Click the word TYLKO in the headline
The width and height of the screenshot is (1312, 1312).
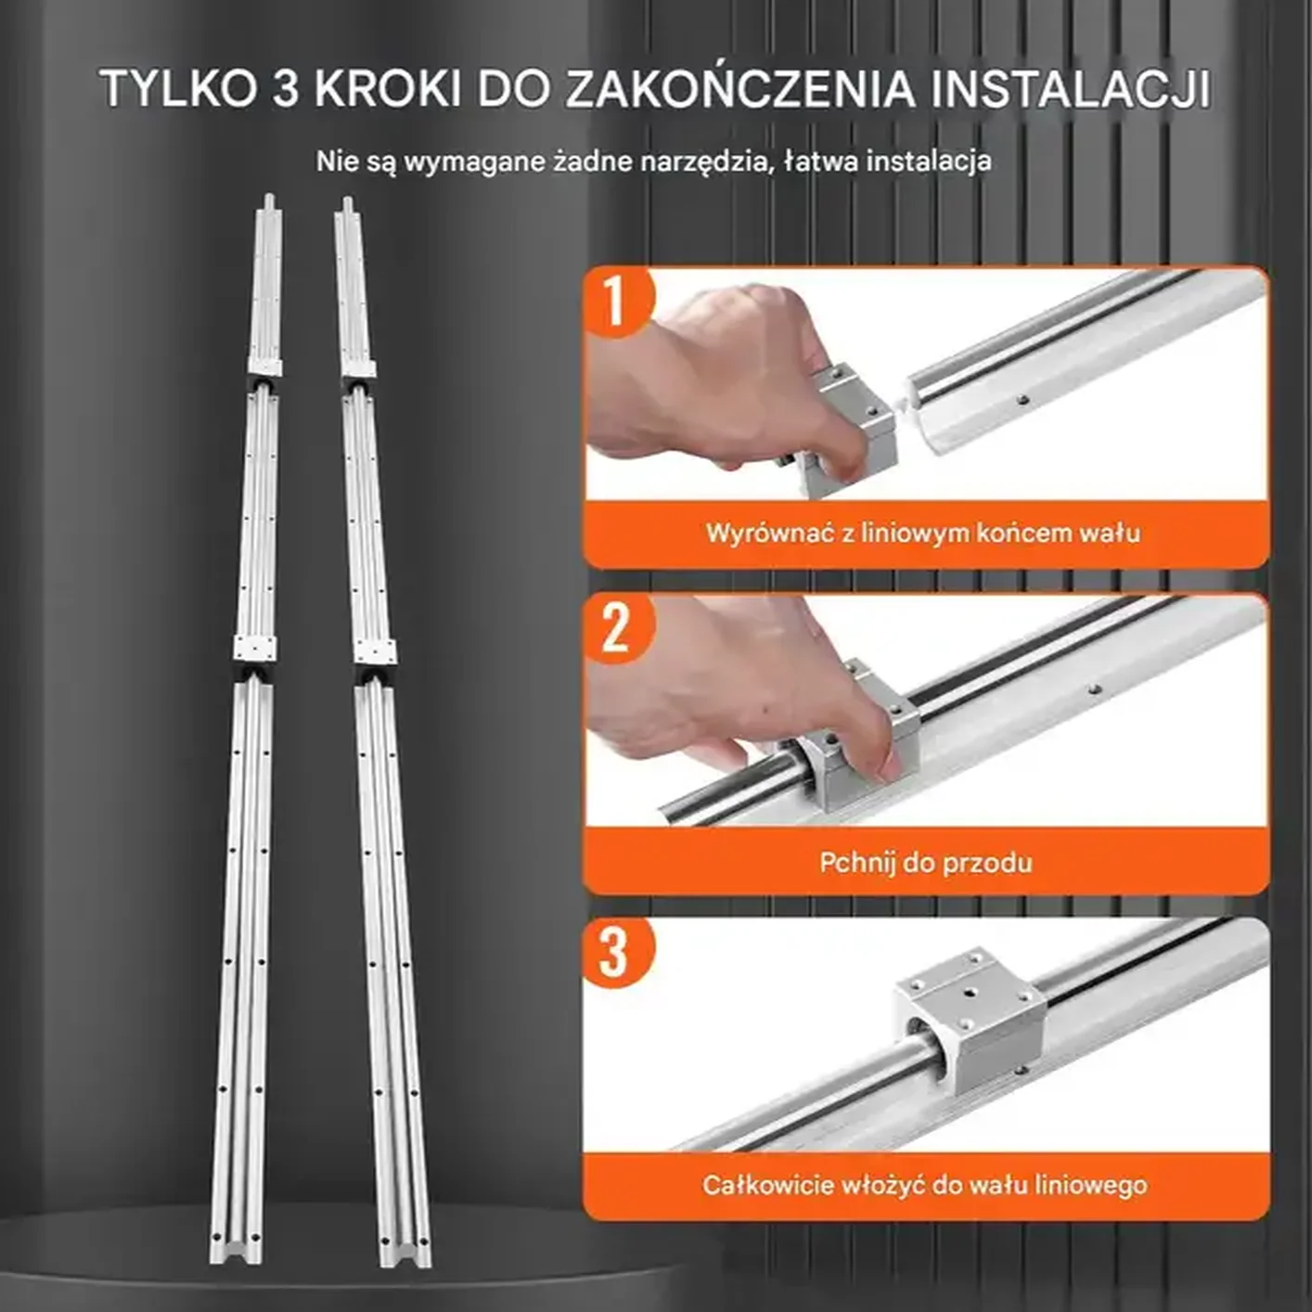(177, 89)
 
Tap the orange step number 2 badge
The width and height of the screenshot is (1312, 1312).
(615, 628)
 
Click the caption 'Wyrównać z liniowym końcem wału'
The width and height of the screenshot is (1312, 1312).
(923, 534)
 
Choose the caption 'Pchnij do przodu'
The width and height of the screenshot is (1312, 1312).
(925, 863)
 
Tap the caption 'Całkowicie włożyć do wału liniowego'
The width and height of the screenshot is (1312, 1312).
(924, 1185)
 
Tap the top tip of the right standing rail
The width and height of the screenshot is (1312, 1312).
(347, 202)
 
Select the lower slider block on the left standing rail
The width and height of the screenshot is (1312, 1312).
(254, 649)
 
